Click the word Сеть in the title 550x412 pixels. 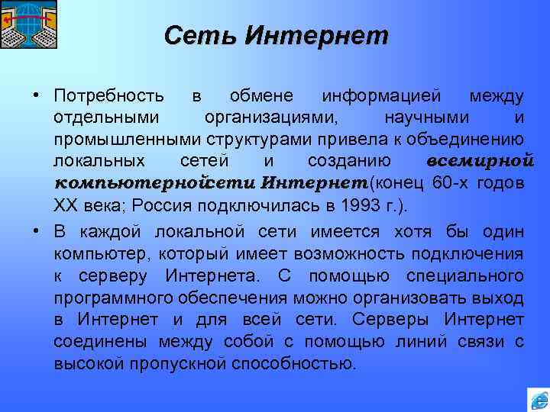[x=192, y=35]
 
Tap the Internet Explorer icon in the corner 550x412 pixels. [x=539, y=398]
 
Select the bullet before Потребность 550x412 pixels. [x=36, y=97]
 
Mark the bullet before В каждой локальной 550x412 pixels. [x=36, y=230]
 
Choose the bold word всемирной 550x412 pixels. [x=478, y=163]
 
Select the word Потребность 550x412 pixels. [x=108, y=97]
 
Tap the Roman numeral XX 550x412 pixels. [x=63, y=207]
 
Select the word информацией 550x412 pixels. [x=381, y=97]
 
